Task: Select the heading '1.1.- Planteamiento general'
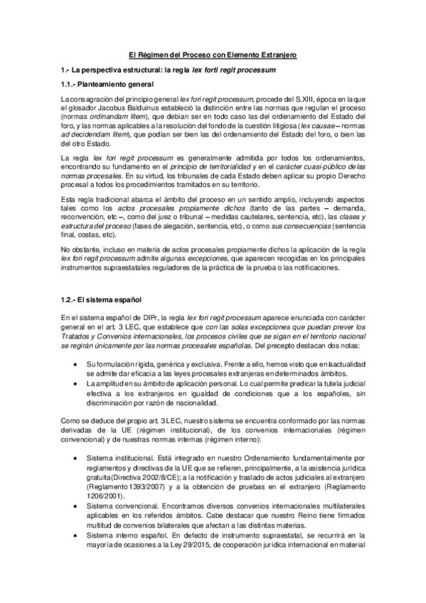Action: tap(103, 83)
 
